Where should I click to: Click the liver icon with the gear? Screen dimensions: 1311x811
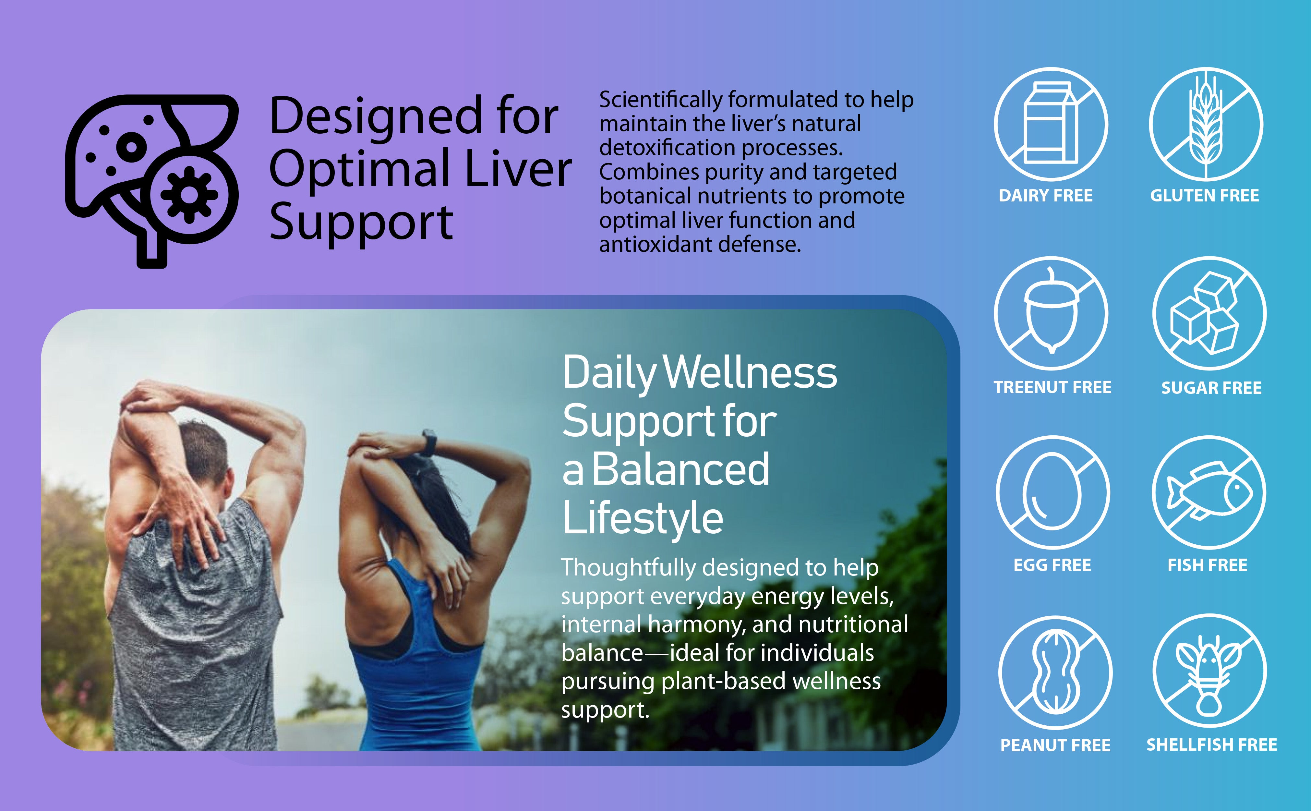click(x=152, y=181)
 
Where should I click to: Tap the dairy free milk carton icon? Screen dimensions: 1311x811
click(x=1051, y=125)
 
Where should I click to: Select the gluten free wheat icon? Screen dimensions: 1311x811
click(x=1206, y=125)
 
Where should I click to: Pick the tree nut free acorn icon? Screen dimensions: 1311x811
click(x=1051, y=314)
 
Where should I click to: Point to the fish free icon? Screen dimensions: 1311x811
click(x=1209, y=492)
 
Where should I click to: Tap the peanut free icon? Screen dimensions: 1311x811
click(x=1055, y=672)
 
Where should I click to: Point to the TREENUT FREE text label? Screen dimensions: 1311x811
click(x=1052, y=387)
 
